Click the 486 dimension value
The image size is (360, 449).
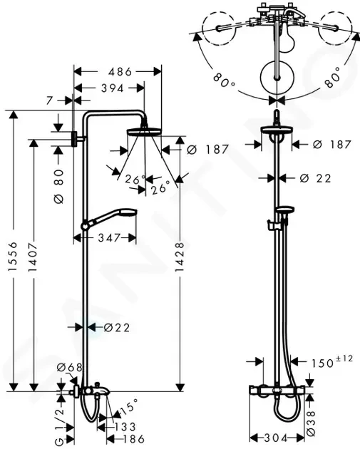click(120, 71)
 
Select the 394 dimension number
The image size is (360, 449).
click(112, 88)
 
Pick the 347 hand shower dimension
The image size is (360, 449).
click(108, 237)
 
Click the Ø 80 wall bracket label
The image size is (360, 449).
click(58, 187)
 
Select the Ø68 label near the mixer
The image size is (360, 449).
click(69, 367)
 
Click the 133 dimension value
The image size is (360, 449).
click(125, 427)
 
